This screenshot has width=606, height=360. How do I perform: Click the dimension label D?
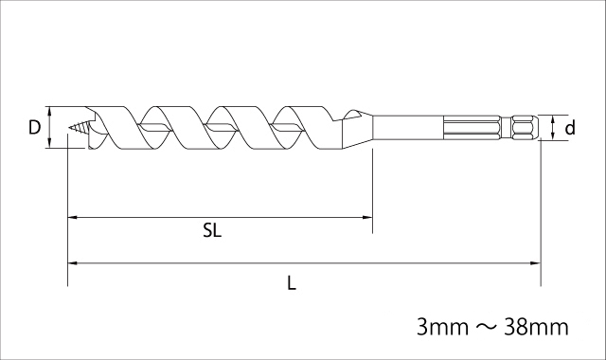[x=34, y=127]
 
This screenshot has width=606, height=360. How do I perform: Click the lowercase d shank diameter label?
[x=570, y=127]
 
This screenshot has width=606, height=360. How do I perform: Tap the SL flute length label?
[x=212, y=231]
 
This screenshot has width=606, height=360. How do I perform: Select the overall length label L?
[x=292, y=283]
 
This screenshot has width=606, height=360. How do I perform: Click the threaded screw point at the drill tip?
[x=80, y=127]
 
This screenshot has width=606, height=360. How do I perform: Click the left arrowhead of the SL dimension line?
[x=72, y=218]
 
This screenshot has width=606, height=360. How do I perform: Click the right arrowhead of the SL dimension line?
[x=368, y=218]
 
